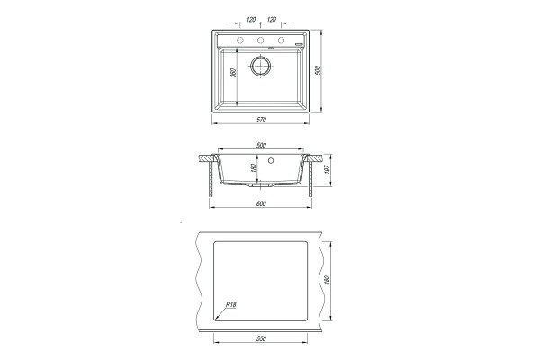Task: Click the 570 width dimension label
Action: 261,120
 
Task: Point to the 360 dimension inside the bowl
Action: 233,73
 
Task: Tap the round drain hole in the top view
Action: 261,65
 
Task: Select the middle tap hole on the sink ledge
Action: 261,40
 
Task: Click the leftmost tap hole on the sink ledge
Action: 240,40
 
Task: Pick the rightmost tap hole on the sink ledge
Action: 282,40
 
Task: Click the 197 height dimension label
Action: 327,169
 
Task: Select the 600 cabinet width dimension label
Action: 261,203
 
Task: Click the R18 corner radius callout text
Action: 231,304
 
